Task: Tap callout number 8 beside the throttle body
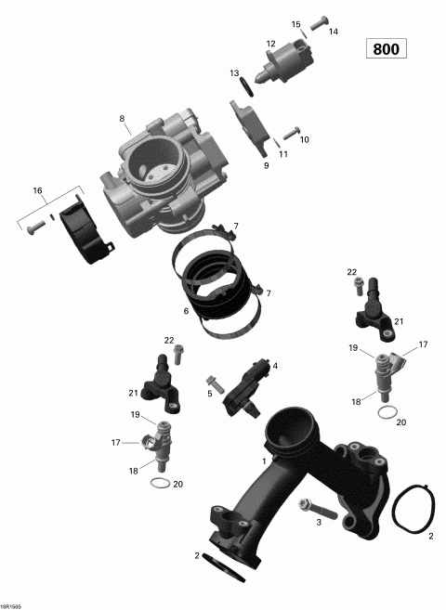point(122,118)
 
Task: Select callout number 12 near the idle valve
point(270,44)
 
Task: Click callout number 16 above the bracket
point(38,190)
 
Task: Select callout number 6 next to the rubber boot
point(186,311)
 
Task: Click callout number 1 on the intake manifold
point(265,461)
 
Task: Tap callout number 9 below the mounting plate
point(266,165)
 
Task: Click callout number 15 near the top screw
point(296,23)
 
